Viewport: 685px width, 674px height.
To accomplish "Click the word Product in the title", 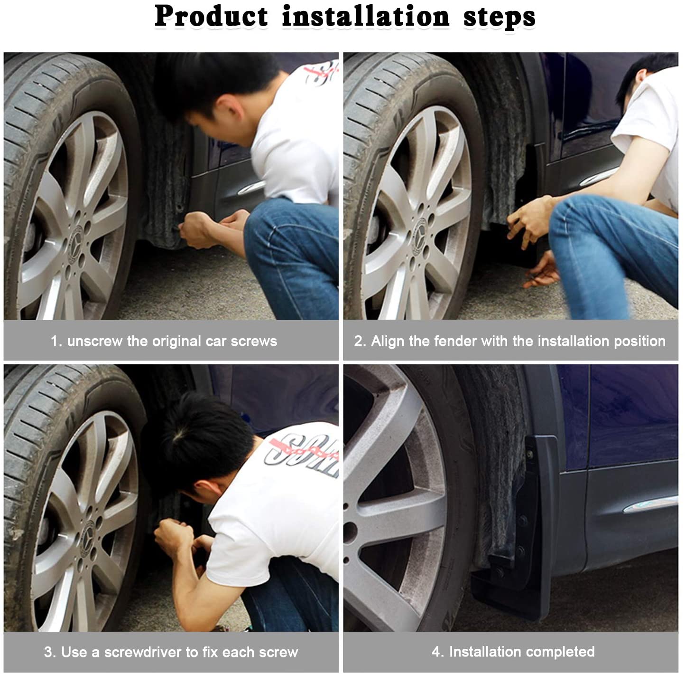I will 211,17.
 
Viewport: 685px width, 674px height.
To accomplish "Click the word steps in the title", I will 499,17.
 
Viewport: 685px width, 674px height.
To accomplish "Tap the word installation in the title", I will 365,17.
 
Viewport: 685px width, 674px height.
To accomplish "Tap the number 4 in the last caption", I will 436,651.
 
